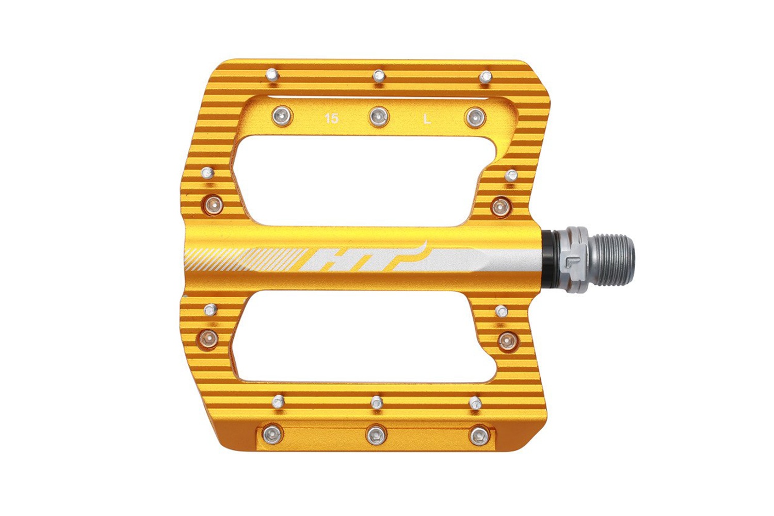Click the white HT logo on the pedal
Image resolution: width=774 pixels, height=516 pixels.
(x=363, y=258)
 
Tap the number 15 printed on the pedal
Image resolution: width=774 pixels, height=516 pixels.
(x=332, y=119)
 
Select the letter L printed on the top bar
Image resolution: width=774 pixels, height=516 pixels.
(x=427, y=120)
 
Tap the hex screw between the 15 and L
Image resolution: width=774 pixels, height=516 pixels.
(x=379, y=117)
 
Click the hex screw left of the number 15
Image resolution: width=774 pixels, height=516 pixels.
(x=282, y=116)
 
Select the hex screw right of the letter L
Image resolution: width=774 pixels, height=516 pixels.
(x=476, y=118)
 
